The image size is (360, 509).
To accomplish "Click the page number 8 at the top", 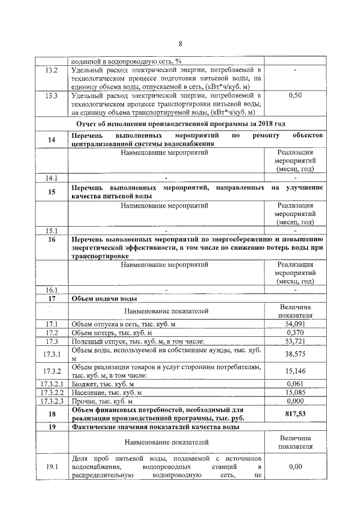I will (x=180, y=44).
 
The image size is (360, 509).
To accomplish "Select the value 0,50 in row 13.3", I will (x=295, y=96).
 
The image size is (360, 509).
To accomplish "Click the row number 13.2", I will (x=51, y=70).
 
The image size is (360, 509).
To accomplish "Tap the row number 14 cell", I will (x=51, y=139).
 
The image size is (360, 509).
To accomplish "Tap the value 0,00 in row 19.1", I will (x=295, y=466).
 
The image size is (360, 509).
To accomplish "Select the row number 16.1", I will (x=51, y=290).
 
